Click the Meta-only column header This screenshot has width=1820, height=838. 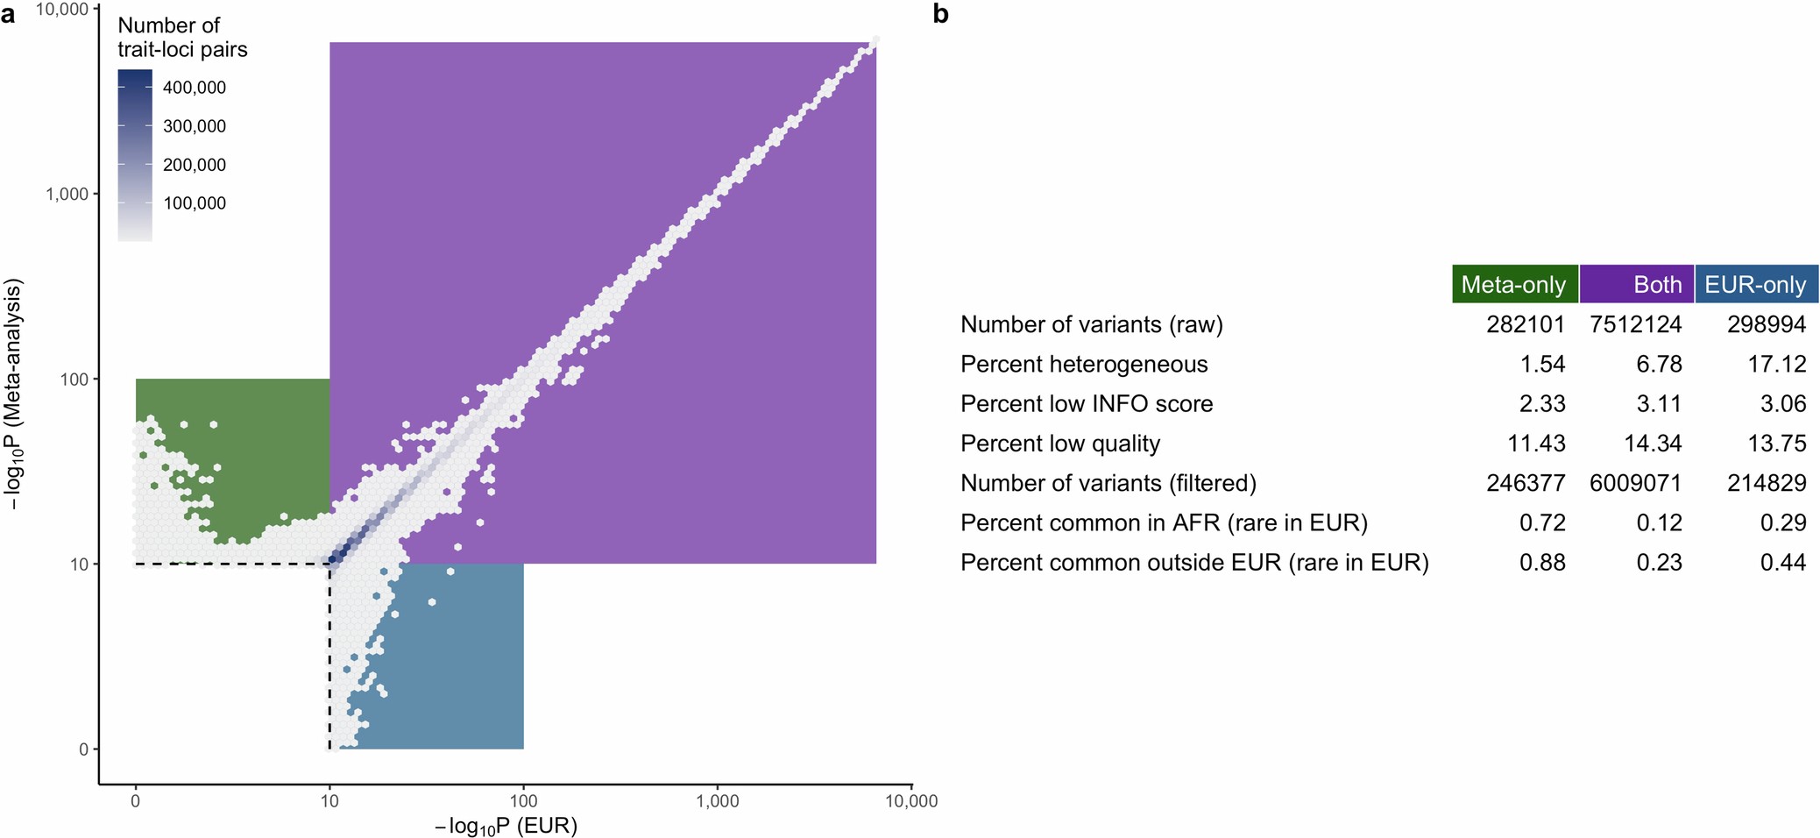click(1513, 285)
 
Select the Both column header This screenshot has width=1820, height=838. click(1637, 285)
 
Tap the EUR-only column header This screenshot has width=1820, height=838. click(1755, 285)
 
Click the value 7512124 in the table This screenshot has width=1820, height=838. click(1635, 324)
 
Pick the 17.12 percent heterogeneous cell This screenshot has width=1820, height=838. click(1776, 364)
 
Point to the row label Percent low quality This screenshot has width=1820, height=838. click(1059, 444)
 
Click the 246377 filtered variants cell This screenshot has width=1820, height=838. click(1526, 483)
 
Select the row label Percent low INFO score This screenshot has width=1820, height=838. click(1086, 404)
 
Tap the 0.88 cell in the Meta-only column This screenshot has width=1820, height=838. click(1542, 562)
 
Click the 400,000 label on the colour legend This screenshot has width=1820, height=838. click(194, 88)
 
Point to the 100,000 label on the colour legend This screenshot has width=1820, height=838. click(194, 203)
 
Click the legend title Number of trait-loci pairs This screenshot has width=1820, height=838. click(182, 38)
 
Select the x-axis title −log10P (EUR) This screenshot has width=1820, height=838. click(506, 826)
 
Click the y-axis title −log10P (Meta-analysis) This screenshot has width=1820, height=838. click(13, 395)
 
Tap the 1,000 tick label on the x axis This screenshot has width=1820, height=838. click(717, 801)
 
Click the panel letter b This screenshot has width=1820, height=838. click(940, 14)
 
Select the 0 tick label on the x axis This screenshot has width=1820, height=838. click(135, 801)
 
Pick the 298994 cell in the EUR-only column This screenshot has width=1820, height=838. click(1766, 324)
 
